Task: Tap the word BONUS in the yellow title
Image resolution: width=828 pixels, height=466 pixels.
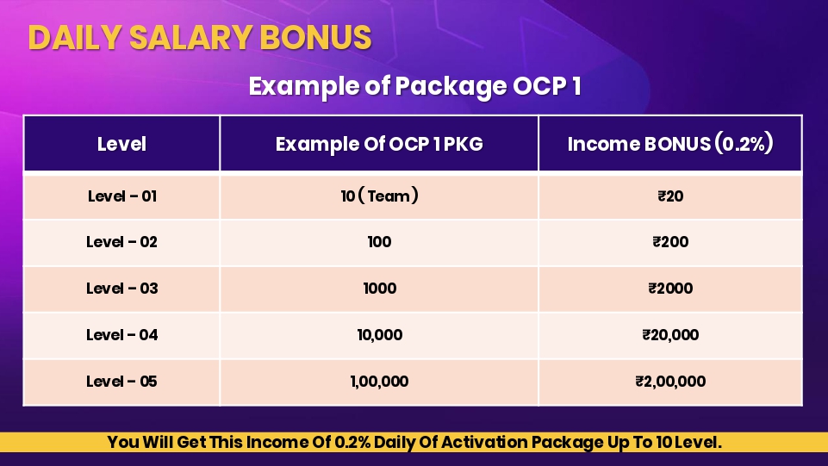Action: click(x=315, y=38)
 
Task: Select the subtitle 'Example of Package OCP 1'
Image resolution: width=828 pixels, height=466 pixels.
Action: click(x=414, y=86)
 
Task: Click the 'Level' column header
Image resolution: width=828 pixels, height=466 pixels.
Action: click(x=121, y=144)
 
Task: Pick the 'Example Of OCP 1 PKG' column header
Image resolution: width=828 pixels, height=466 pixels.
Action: click(x=379, y=144)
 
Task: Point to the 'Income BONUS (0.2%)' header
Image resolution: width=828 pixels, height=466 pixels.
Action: click(x=670, y=144)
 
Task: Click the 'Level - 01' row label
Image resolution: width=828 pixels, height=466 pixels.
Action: click(x=122, y=196)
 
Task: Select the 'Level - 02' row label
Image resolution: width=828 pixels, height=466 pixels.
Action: click(x=122, y=242)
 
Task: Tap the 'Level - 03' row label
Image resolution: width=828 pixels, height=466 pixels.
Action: click(x=122, y=289)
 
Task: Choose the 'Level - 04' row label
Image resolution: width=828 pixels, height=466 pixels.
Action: click(x=122, y=335)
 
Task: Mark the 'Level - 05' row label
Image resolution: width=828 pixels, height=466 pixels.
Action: click(x=122, y=382)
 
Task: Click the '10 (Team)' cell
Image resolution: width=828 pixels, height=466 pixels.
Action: click(x=380, y=196)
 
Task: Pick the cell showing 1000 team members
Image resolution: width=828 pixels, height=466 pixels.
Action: click(x=380, y=289)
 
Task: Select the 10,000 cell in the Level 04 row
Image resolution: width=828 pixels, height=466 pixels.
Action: click(x=380, y=335)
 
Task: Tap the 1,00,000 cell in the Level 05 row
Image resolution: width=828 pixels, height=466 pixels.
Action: click(x=380, y=382)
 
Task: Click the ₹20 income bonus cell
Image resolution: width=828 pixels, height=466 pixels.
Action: click(x=670, y=196)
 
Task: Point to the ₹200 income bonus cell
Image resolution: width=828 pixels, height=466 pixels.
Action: click(x=670, y=242)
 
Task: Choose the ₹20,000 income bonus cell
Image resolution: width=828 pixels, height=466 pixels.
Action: click(x=670, y=335)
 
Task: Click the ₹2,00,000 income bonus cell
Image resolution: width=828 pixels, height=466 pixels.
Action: click(x=670, y=382)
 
